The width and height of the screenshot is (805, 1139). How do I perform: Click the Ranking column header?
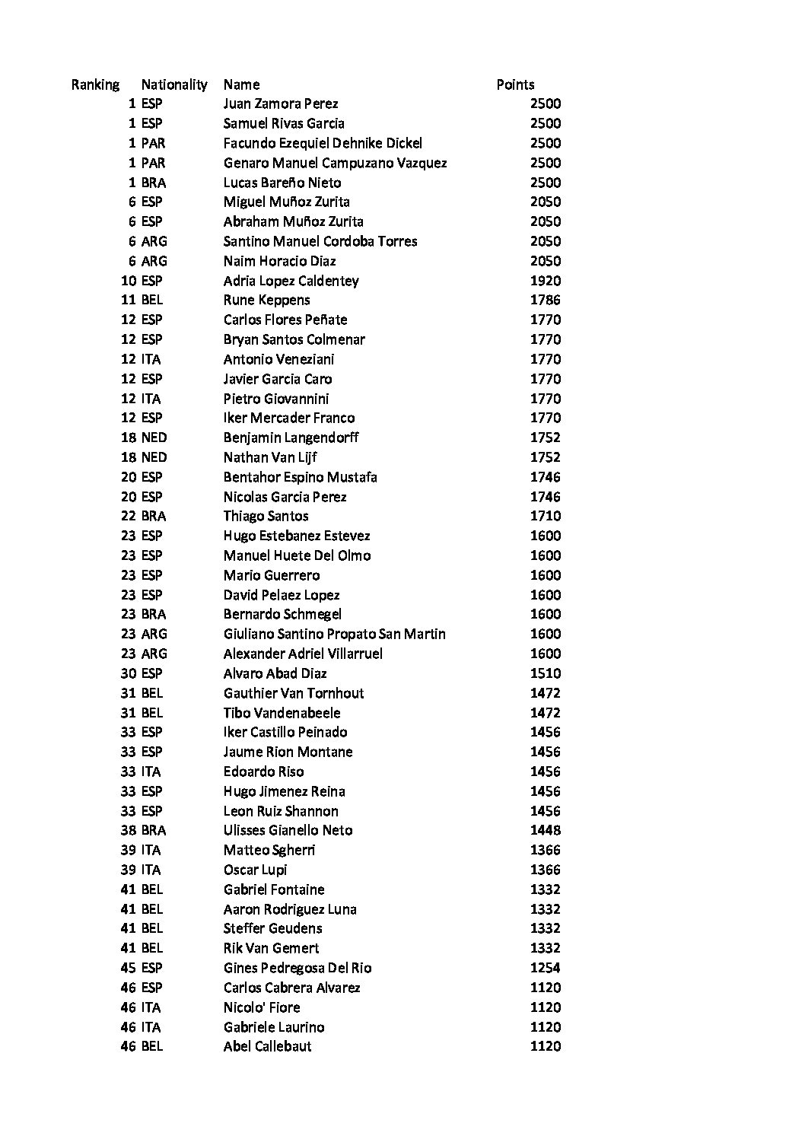coord(95,84)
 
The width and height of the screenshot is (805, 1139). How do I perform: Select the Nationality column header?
coord(174,84)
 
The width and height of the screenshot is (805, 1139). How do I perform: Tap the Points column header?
coord(515,84)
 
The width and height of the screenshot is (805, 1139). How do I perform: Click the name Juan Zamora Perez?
coord(281,103)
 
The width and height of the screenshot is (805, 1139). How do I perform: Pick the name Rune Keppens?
coord(266,300)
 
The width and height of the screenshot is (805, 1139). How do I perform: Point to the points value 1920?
coord(545,281)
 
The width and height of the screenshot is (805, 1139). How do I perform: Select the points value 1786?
coord(545,300)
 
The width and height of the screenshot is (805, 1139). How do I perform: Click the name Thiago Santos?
coord(266,516)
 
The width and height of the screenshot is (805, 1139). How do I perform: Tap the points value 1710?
coord(545,516)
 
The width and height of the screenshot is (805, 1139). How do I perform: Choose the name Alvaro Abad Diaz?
coord(275,673)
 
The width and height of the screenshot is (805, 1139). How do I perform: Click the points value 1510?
coord(545,673)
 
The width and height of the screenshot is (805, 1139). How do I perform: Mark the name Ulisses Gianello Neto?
coord(288,830)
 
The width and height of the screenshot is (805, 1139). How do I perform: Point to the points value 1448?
coord(545,830)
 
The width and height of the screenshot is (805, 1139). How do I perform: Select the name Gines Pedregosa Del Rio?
coord(297,968)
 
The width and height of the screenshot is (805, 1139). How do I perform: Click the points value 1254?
coord(545,968)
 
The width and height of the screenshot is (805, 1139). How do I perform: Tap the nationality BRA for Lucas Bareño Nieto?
coord(153,183)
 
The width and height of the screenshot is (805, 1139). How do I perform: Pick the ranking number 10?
coord(129,281)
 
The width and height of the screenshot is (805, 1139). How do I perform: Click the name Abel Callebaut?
coord(267,1046)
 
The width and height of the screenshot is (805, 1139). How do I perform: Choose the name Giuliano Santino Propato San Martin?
coord(334,634)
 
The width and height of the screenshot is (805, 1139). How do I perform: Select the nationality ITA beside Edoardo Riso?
coord(151,772)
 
